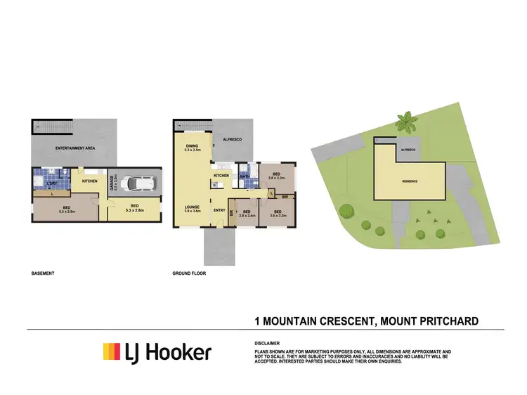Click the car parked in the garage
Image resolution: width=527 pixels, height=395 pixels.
coord(138,183)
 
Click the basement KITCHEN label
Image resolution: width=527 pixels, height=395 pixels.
coord(90,181)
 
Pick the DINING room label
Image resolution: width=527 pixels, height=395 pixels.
coord(192,145)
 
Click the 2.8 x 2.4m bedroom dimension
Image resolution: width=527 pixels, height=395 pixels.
coord(243,216)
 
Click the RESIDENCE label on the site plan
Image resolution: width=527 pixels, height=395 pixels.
coord(410,181)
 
